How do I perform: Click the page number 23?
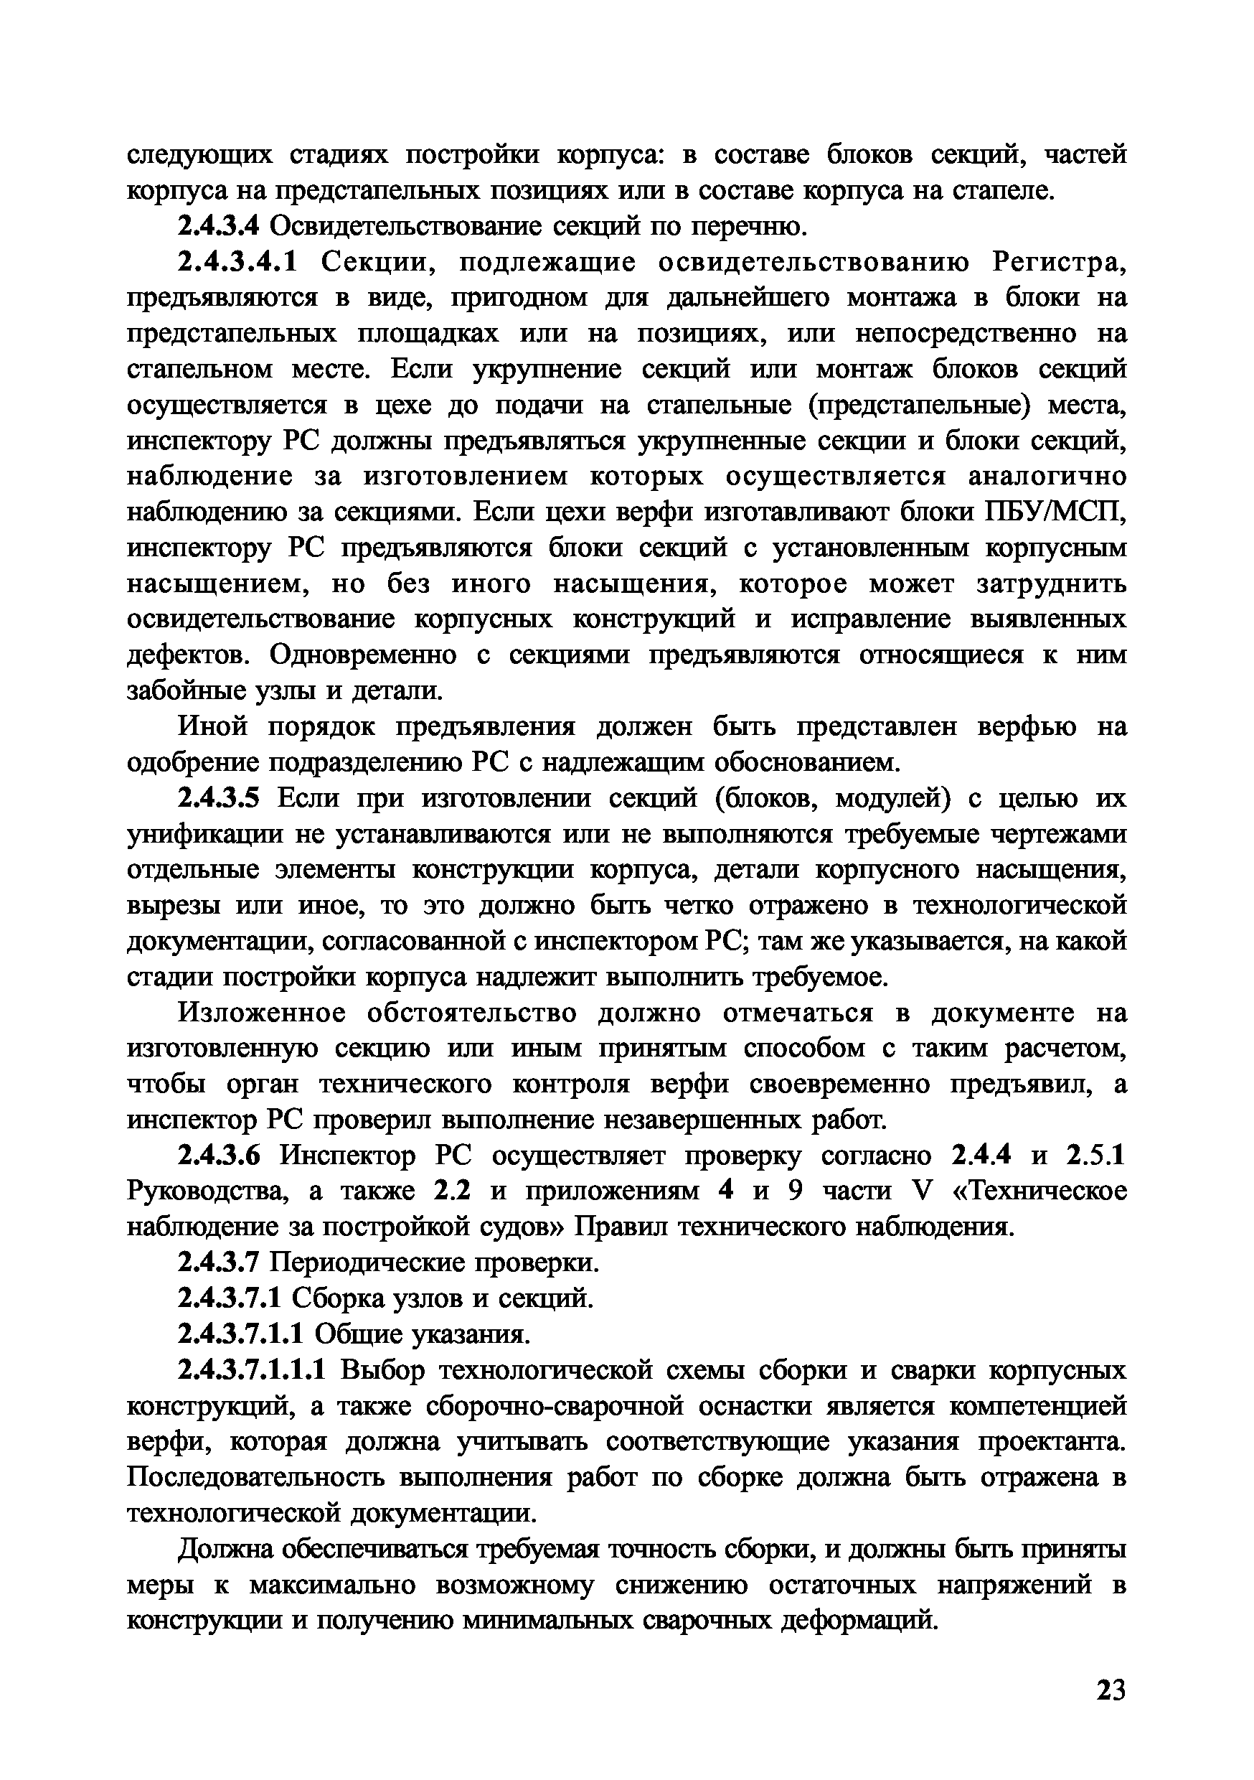point(1110,1690)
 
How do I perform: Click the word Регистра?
point(1058,263)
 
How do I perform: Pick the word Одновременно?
point(364,655)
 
